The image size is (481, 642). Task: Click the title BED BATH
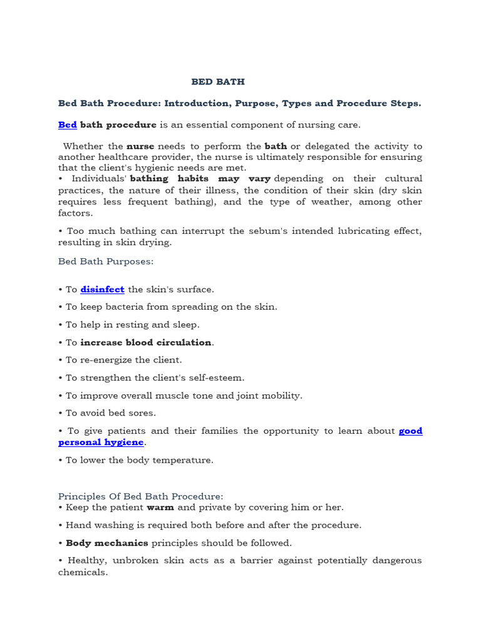218,82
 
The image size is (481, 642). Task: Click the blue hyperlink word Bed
68,125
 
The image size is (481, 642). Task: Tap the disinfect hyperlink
102,289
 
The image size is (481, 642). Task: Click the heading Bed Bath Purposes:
106,260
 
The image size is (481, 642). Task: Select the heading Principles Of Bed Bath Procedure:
140,496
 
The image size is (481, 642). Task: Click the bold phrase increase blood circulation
145,342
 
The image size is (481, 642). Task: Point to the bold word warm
160,507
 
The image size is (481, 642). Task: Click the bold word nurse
140,146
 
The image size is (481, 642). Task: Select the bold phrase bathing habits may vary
200,179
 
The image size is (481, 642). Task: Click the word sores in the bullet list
144,413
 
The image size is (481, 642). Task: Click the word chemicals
82,572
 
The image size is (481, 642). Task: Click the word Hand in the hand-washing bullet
78,525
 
